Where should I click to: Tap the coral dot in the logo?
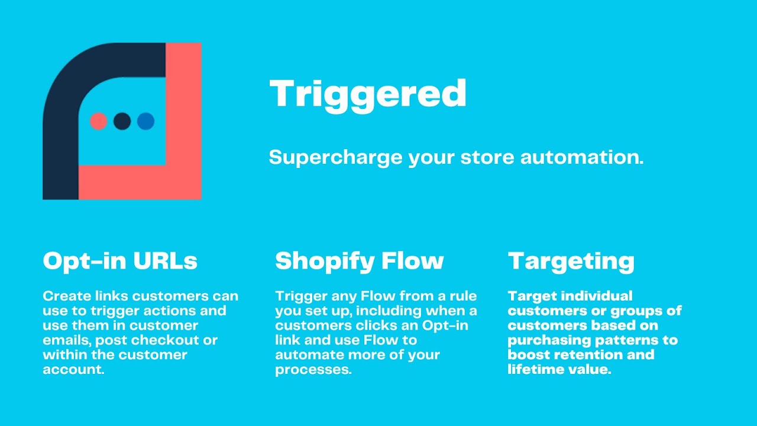(98, 121)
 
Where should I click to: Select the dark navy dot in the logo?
(122, 121)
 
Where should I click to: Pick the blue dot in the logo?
(145, 121)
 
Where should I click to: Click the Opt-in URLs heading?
(120, 261)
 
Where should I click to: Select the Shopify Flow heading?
(359, 261)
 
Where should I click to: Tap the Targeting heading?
(571, 261)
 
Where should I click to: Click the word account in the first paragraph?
(73, 370)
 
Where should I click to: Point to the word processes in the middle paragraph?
(313, 370)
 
